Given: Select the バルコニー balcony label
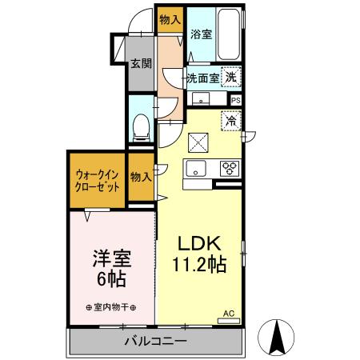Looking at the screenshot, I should pyautogui.click(x=155, y=342).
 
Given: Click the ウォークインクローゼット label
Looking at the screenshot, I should pyautogui.click(x=98, y=178).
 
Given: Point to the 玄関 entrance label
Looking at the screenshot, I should pyautogui.click(x=141, y=62).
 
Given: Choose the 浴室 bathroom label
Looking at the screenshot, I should pyautogui.click(x=202, y=34).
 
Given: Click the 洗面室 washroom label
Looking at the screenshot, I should pyautogui.click(x=202, y=78).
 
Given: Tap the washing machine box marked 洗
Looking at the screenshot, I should pyautogui.click(x=230, y=78).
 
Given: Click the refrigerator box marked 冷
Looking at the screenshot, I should pyautogui.click(x=230, y=122).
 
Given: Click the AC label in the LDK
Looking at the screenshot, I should pyautogui.click(x=227, y=314).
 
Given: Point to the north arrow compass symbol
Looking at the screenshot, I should pyautogui.click(x=278, y=336).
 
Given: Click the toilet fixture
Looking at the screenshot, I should pyautogui.click(x=142, y=124).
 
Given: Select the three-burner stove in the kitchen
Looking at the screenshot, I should pyautogui.click(x=230, y=168).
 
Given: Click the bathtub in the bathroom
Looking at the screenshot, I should pyautogui.click(x=229, y=32).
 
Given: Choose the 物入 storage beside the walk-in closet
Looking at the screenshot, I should pyautogui.click(x=141, y=177).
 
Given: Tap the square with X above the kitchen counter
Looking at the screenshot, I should pyautogui.click(x=197, y=142).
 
